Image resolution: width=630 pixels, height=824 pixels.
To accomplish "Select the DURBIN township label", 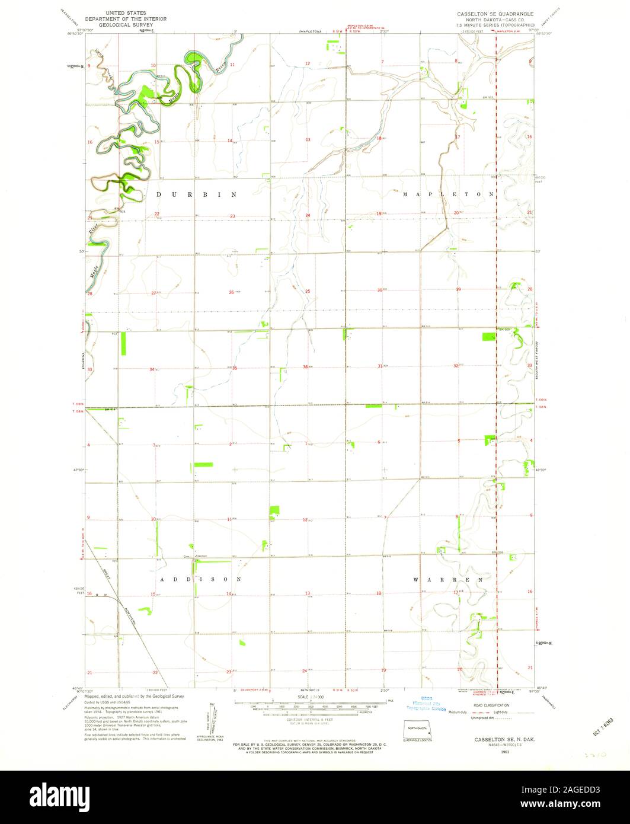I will tap(196, 194).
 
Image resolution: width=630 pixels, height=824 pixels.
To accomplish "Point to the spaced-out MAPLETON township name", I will tap(448, 194).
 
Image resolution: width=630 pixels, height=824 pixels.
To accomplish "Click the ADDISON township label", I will tap(200, 579).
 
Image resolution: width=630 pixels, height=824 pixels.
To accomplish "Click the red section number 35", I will tap(234, 368).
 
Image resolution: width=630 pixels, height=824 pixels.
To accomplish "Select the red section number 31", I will tap(380, 366).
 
